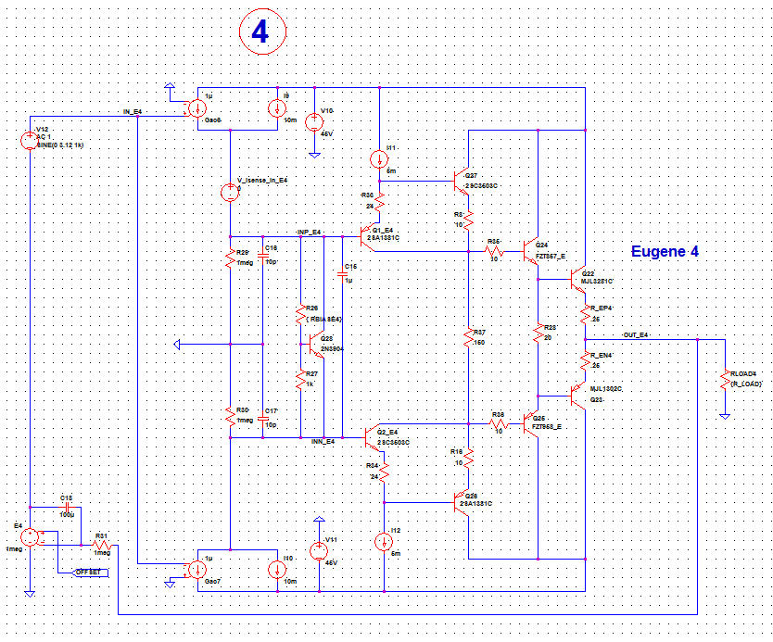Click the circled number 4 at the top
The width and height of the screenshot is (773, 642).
[262, 32]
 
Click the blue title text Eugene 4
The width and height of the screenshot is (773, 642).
[665, 251]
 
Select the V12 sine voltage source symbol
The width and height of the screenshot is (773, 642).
[29, 141]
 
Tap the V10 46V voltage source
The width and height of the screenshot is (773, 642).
[314, 120]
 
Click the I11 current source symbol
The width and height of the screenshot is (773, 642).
[380, 157]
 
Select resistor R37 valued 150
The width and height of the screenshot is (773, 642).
[469, 339]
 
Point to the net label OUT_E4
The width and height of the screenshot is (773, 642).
[635, 334]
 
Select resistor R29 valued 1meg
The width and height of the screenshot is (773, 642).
[229, 258]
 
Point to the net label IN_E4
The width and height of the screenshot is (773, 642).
[133, 111]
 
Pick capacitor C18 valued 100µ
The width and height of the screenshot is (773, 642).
[67, 508]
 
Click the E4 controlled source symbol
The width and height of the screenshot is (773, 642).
[29, 536]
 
